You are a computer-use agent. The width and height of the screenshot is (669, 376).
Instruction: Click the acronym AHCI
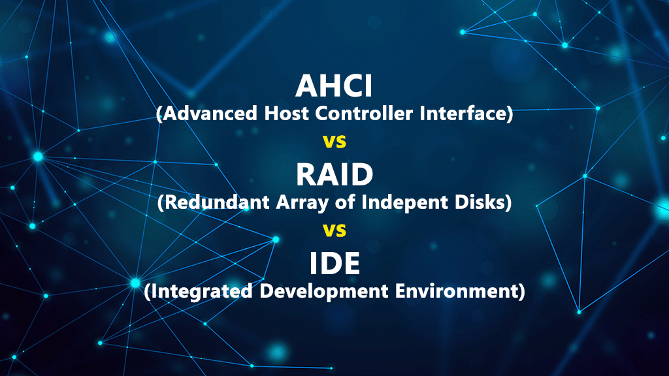click(x=334, y=86)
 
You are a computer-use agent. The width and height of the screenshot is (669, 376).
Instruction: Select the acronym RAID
click(x=334, y=174)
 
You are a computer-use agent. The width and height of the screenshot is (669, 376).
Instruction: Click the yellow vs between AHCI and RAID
click(x=334, y=141)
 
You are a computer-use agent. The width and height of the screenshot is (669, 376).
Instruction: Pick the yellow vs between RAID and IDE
click(x=334, y=230)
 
